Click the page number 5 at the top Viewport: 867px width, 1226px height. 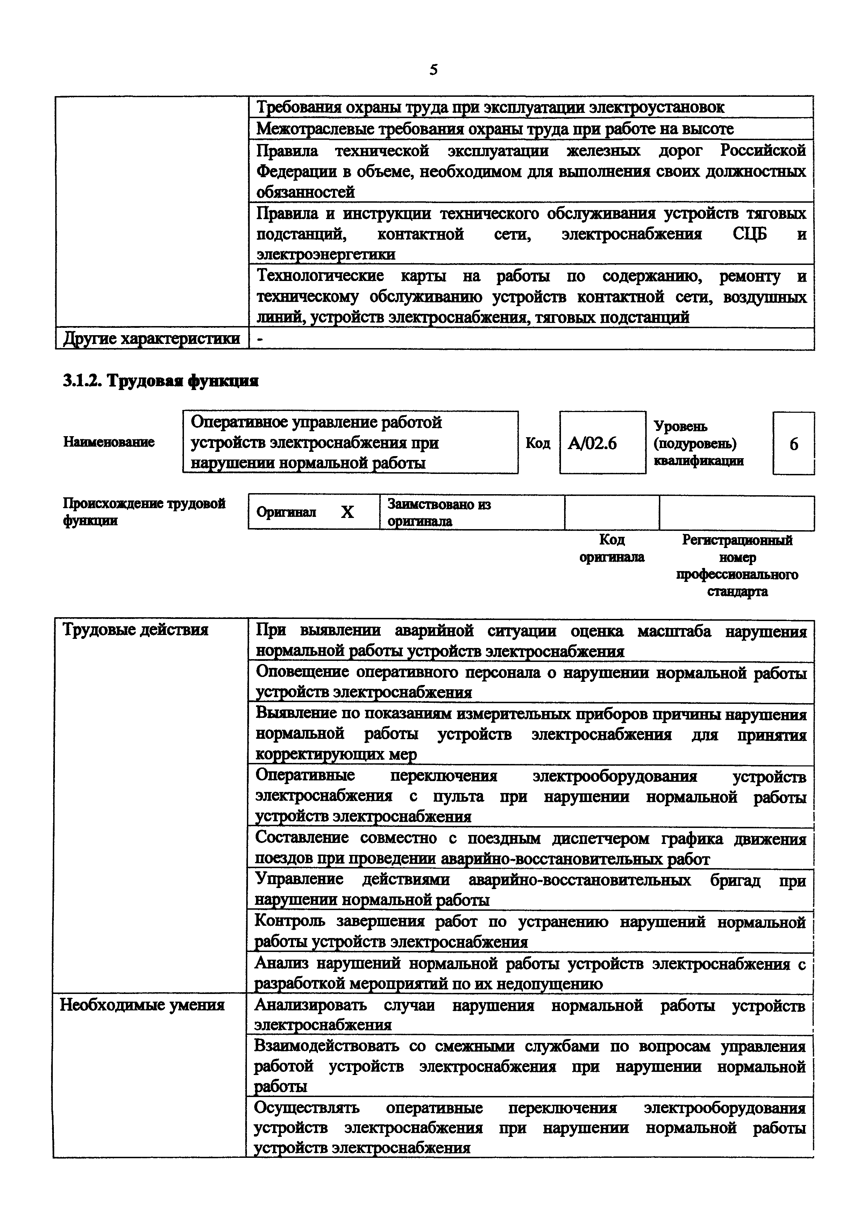433,70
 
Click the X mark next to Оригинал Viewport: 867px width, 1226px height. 347,512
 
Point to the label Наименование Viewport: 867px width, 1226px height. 109,442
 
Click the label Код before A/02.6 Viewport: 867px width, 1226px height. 538,443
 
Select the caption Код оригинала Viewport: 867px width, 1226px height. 612,548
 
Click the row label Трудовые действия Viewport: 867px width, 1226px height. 136,630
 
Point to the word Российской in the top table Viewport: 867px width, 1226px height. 763,151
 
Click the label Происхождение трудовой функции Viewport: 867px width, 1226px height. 144,512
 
